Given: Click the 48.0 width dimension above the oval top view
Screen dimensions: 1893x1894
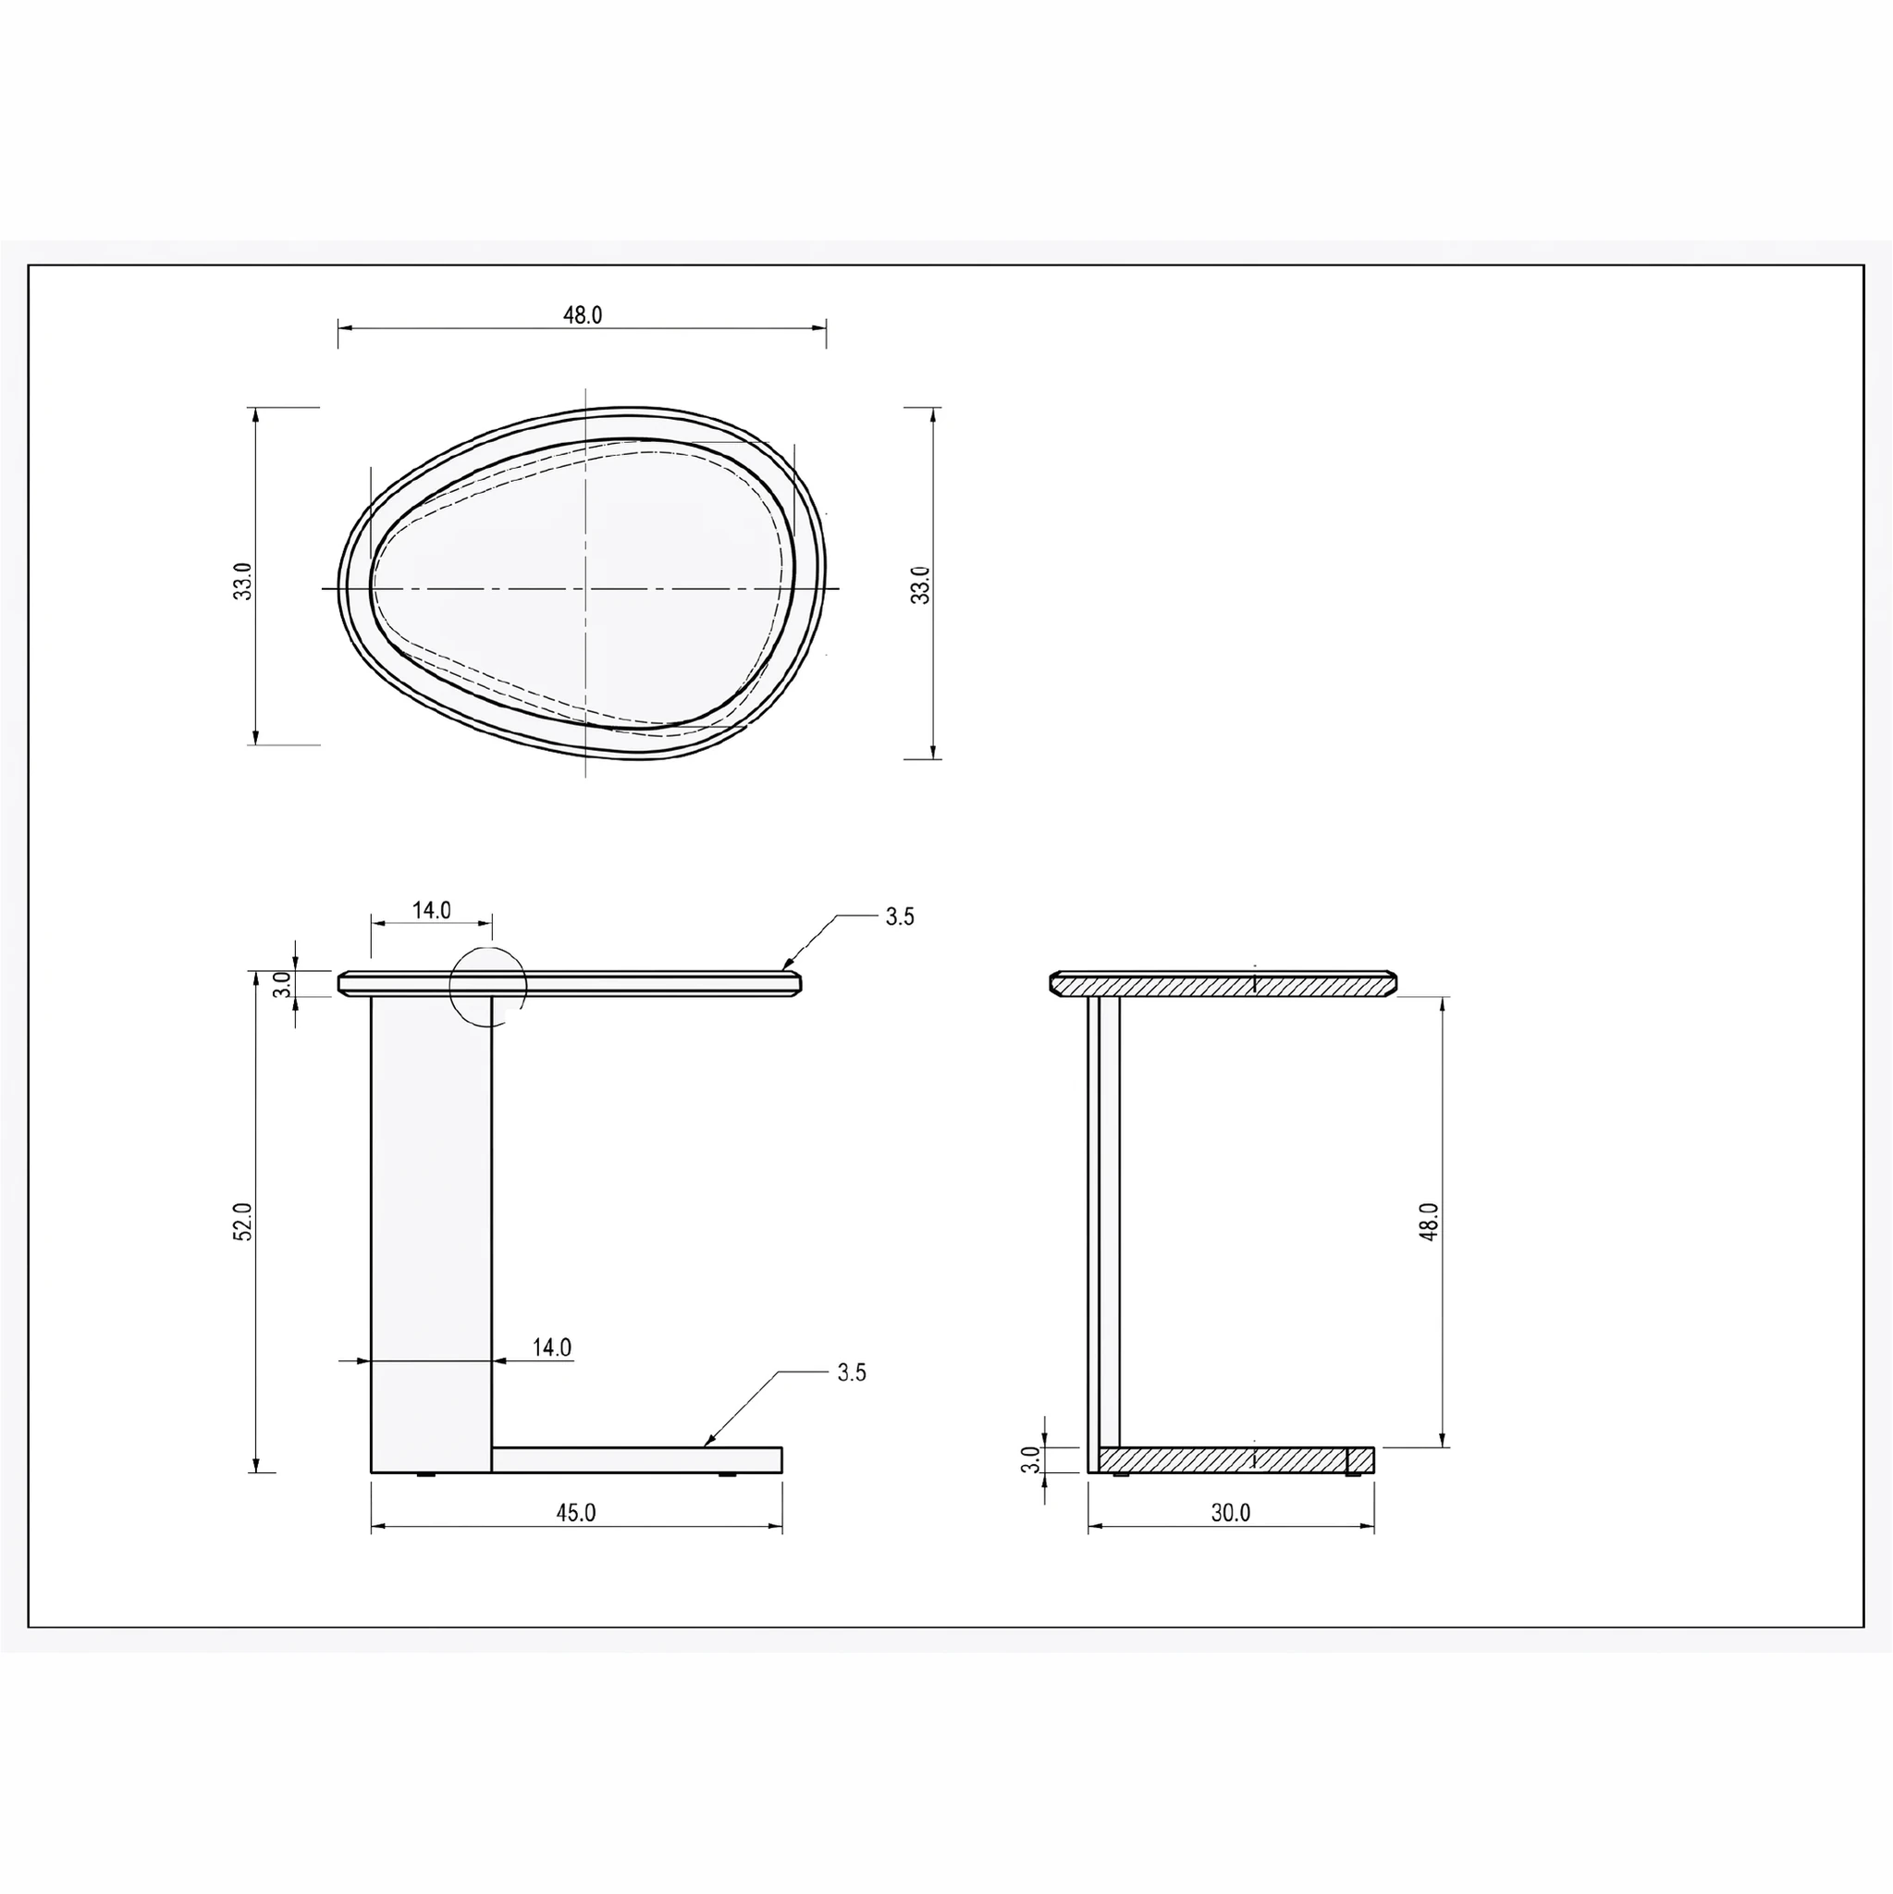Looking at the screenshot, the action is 583,314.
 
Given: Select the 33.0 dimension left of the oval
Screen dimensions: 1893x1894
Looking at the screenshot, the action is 243,582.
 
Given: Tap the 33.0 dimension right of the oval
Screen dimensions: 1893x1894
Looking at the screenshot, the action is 920,585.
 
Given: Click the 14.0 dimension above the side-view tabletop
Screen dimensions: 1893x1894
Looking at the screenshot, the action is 431,910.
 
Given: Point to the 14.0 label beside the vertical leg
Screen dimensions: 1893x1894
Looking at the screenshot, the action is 552,1347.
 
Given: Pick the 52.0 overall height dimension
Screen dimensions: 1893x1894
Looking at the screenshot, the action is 243,1223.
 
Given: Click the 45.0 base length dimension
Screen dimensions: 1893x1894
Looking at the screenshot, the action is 576,1512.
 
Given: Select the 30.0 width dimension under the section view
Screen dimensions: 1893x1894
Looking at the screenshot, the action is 1230,1512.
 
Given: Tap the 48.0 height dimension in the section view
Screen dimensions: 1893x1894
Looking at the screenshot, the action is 1429,1222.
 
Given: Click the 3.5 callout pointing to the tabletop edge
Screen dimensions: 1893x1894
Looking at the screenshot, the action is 900,916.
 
